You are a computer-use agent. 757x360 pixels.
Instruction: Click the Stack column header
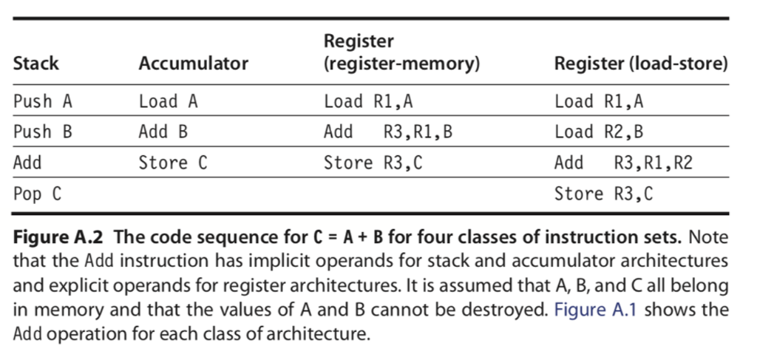[x=36, y=64]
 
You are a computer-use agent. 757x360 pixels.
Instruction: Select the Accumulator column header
[x=194, y=64]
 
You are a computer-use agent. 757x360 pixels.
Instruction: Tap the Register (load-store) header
[x=641, y=64]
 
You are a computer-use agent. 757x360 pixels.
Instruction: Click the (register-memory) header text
[x=402, y=64]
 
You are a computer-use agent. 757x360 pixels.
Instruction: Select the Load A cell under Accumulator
[x=169, y=102]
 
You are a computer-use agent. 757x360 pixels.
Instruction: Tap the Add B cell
[x=163, y=132]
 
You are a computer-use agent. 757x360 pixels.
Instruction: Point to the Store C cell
[x=173, y=163]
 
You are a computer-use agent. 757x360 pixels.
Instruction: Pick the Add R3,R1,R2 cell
[x=623, y=163]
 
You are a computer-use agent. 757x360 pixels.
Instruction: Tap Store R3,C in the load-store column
[x=603, y=194]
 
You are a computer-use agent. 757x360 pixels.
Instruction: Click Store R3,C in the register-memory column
[x=373, y=163]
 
